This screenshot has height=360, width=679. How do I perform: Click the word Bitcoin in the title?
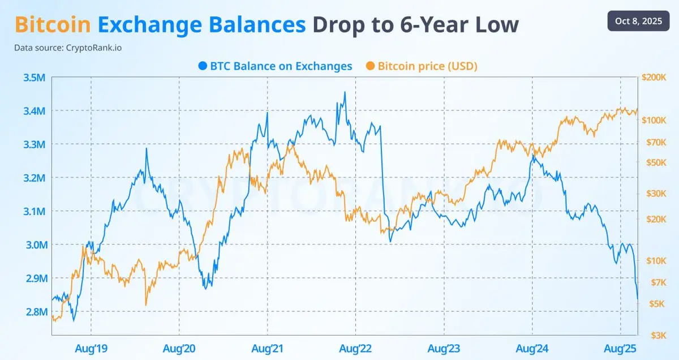click(x=53, y=25)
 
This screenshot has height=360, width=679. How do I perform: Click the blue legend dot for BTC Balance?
click(x=203, y=66)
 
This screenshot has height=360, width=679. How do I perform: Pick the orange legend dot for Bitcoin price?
click(x=370, y=66)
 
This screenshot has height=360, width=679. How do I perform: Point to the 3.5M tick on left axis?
click(x=35, y=78)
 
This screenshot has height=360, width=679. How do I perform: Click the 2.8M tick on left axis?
click(x=35, y=312)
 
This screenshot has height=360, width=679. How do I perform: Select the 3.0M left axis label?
click(x=35, y=245)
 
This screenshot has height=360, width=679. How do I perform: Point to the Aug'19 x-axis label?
click(x=91, y=348)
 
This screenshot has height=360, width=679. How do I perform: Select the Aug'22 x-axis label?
click(x=356, y=348)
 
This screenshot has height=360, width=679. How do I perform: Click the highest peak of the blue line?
click(x=345, y=92)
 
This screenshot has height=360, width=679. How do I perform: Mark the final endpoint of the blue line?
click(x=638, y=299)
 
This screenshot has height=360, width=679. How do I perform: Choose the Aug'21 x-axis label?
click(x=267, y=348)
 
